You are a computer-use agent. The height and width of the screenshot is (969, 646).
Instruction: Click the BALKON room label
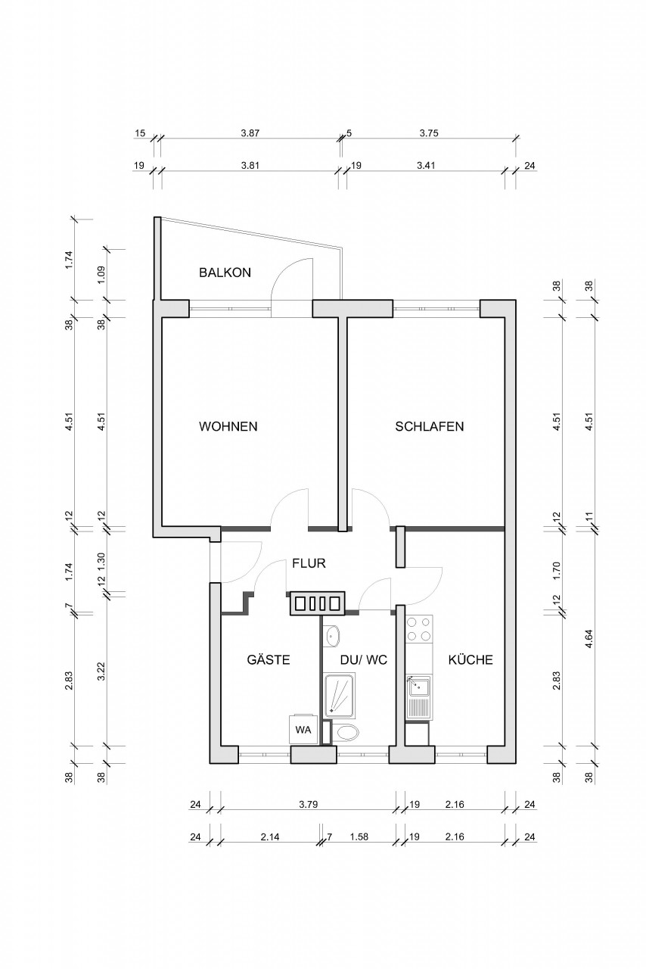pos(224,273)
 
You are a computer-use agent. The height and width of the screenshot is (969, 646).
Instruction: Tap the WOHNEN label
pos(228,426)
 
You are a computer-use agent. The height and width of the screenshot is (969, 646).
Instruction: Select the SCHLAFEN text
pos(429,426)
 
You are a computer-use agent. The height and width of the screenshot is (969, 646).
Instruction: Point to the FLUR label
pos(309,563)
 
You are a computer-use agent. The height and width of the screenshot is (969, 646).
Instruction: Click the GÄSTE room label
pos(269,660)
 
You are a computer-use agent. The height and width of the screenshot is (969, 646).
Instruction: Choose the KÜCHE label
pos(470,660)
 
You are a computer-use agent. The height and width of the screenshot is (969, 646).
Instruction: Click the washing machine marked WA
pos(303,730)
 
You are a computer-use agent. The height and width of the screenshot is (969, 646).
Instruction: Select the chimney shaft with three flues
pos(316,603)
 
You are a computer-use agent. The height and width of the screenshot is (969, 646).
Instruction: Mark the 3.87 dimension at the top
pos(250,132)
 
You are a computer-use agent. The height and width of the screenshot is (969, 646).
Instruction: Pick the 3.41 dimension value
pos(429,166)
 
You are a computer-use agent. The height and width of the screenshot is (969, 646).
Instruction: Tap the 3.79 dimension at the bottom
pos(307,804)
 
